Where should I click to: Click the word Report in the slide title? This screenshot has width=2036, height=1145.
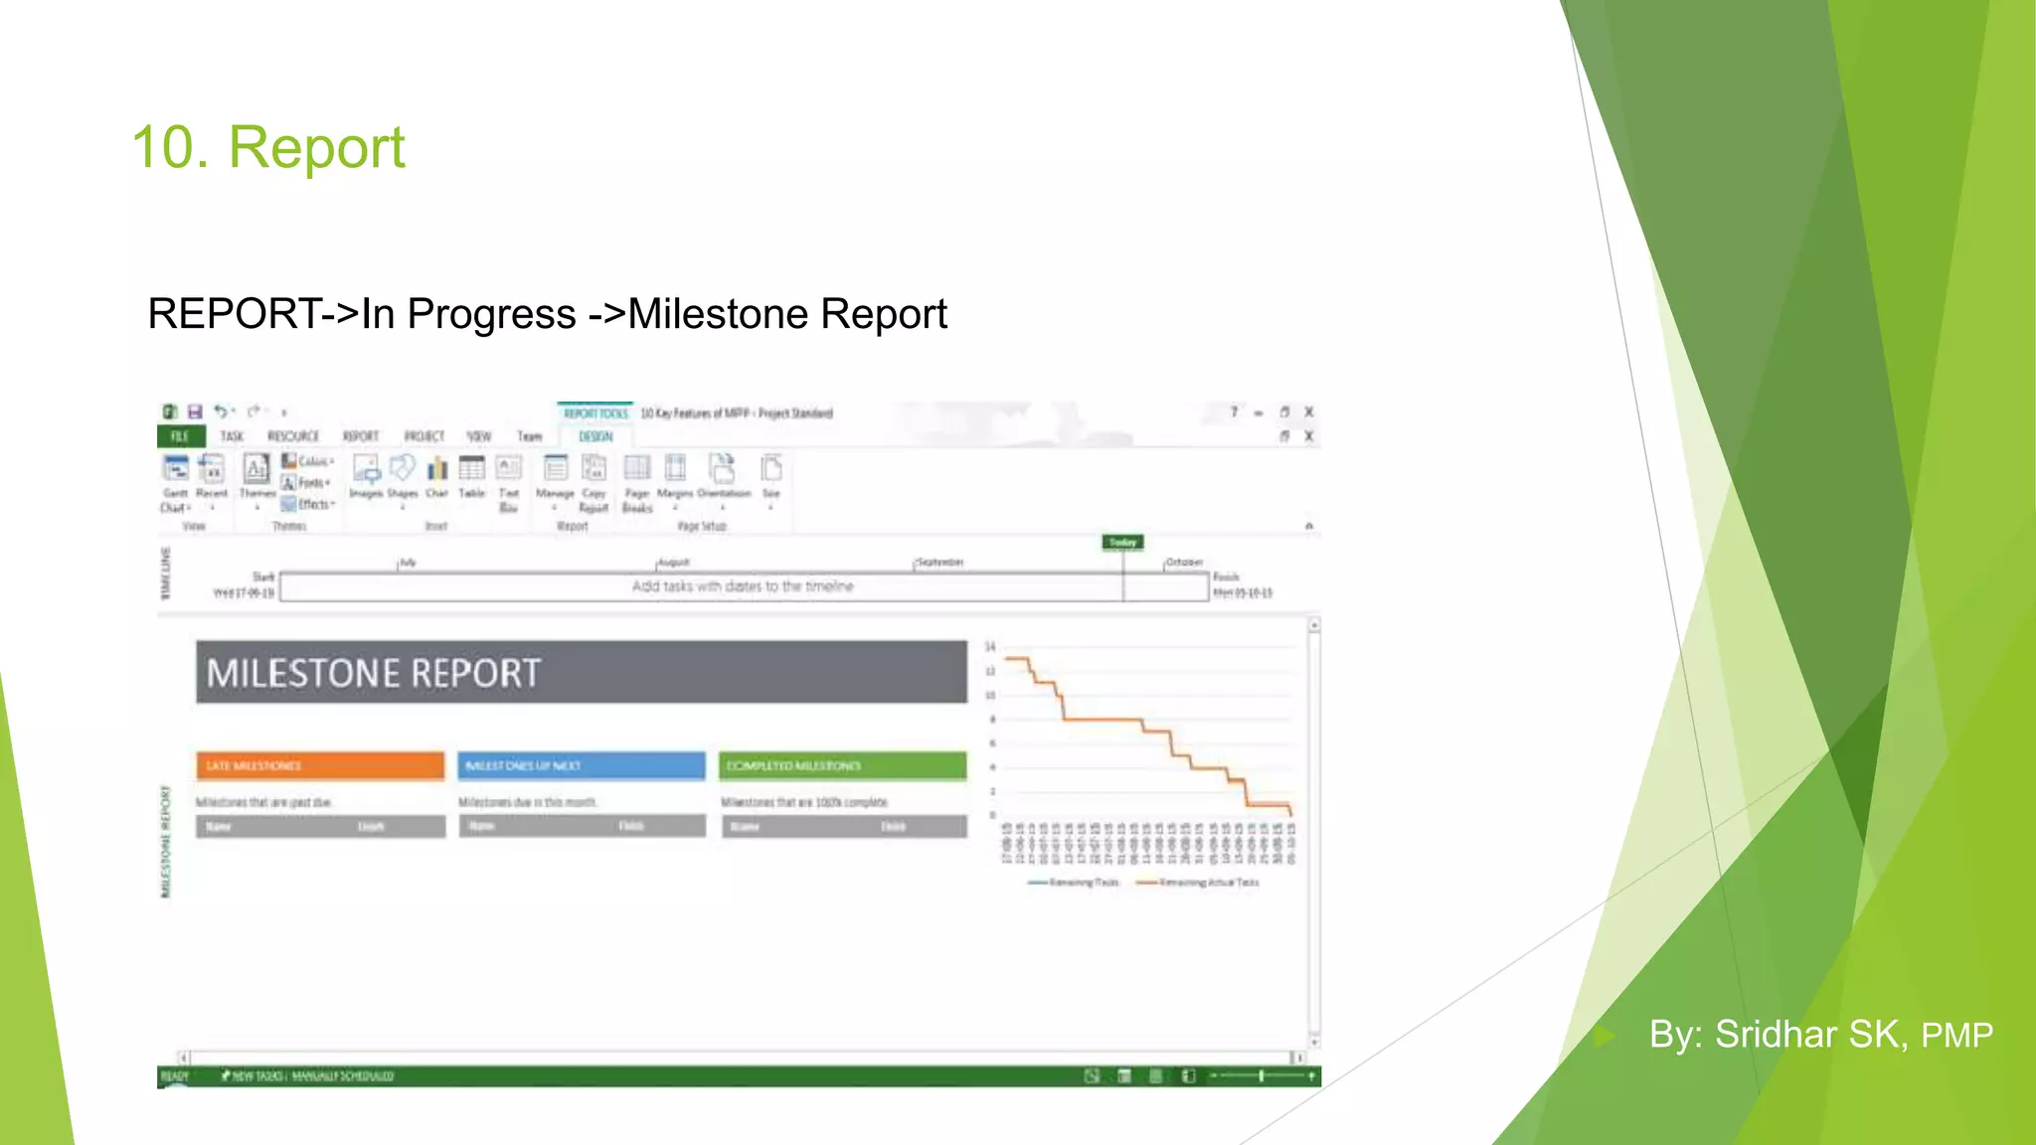point(316,148)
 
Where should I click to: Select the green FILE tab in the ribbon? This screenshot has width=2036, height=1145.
point(180,436)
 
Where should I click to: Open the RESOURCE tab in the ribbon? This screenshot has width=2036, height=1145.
point(293,436)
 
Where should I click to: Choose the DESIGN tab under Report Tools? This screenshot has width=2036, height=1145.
point(595,436)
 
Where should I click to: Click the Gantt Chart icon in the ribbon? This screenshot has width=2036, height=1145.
point(176,469)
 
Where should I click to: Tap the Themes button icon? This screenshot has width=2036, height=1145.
point(256,469)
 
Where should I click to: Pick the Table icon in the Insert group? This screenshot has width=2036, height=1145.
point(471,469)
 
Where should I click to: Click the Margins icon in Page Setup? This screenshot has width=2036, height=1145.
point(675,468)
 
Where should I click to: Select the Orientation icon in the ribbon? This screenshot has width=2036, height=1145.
point(723,468)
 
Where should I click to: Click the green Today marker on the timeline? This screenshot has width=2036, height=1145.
point(1122,542)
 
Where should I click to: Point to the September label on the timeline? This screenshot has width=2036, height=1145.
point(939,563)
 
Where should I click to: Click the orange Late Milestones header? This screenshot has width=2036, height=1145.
point(319,765)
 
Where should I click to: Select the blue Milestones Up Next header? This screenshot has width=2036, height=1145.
point(582,765)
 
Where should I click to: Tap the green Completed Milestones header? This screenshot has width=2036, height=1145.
point(843,765)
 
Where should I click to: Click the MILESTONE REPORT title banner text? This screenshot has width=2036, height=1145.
point(374,673)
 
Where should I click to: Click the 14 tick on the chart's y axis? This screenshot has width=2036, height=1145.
point(989,647)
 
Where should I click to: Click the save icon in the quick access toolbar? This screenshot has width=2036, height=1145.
point(195,411)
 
